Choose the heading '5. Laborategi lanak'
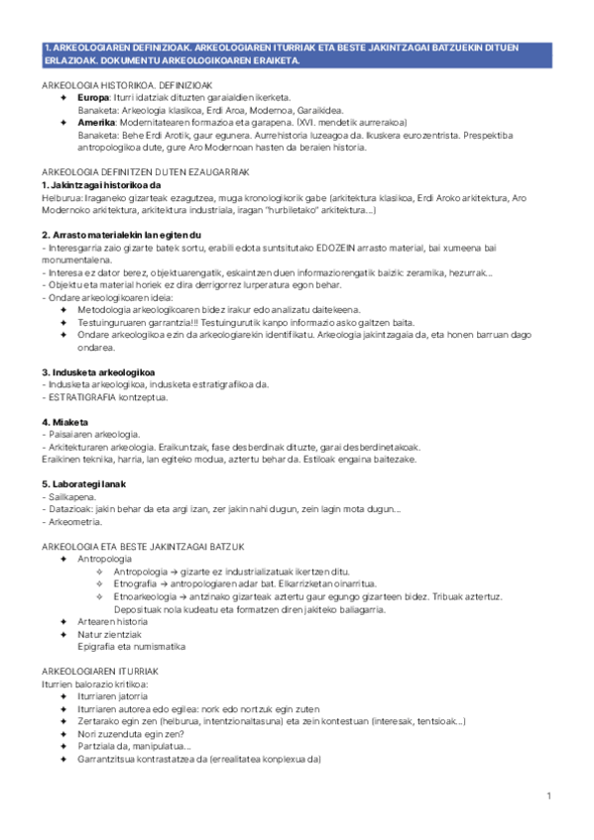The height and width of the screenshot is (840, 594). pyautogui.click(x=84, y=483)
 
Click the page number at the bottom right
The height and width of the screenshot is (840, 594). pyautogui.click(x=548, y=796)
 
